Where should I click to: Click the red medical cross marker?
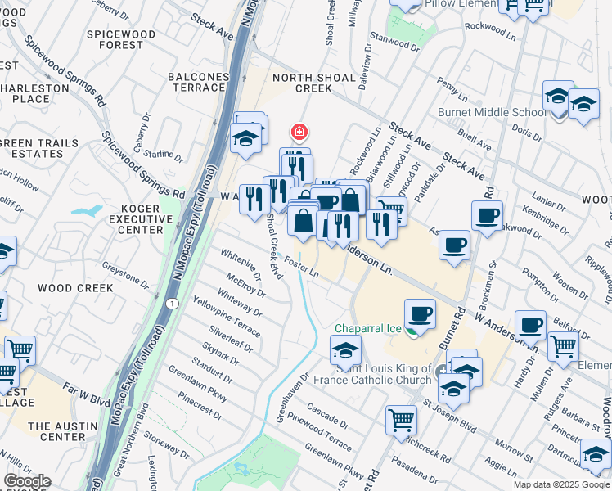click(299, 132)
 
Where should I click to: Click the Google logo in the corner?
click(27, 481)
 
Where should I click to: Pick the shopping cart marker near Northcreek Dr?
click(401, 420)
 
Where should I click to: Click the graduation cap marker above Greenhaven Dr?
click(345, 351)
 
